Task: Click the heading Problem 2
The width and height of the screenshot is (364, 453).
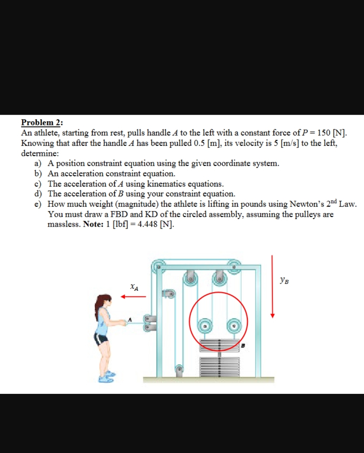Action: click(x=42, y=122)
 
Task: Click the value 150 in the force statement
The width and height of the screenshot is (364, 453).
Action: click(x=324, y=133)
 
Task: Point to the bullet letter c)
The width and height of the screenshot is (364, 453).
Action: click(x=38, y=184)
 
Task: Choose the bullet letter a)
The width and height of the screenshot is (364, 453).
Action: click(x=38, y=163)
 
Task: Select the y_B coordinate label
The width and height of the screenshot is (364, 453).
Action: click(x=284, y=281)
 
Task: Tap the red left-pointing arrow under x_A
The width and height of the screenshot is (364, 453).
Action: click(x=133, y=296)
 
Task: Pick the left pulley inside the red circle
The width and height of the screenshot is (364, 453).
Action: click(x=204, y=325)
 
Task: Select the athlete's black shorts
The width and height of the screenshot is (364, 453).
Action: click(x=101, y=339)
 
